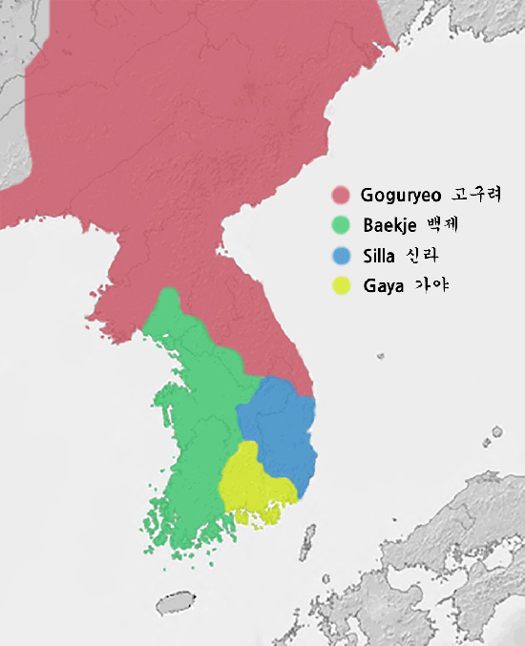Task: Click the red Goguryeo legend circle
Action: [x=340, y=196]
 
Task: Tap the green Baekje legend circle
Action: [x=340, y=226]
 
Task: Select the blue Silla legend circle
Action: [x=340, y=256]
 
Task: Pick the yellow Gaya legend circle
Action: [x=340, y=285]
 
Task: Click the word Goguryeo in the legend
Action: [x=399, y=196]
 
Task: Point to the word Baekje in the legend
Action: [x=388, y=226]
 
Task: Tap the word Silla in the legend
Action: [x=379, y=256]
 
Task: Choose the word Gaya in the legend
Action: [x=382, y=286]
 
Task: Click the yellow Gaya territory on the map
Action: [x=253, y=482]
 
